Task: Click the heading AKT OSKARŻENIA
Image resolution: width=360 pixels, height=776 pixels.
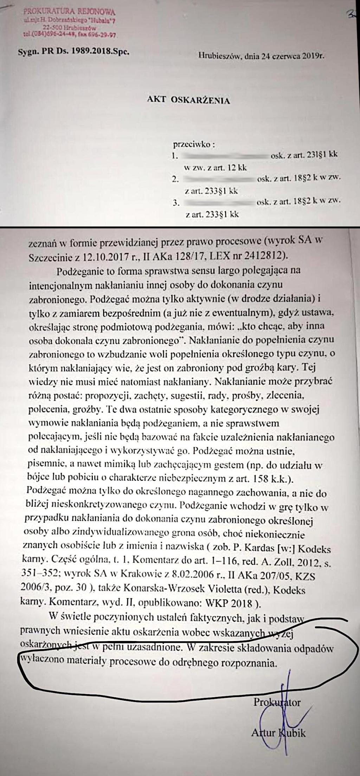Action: [x=188, y=101]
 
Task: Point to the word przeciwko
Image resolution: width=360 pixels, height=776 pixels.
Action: [x=194, y=144]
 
